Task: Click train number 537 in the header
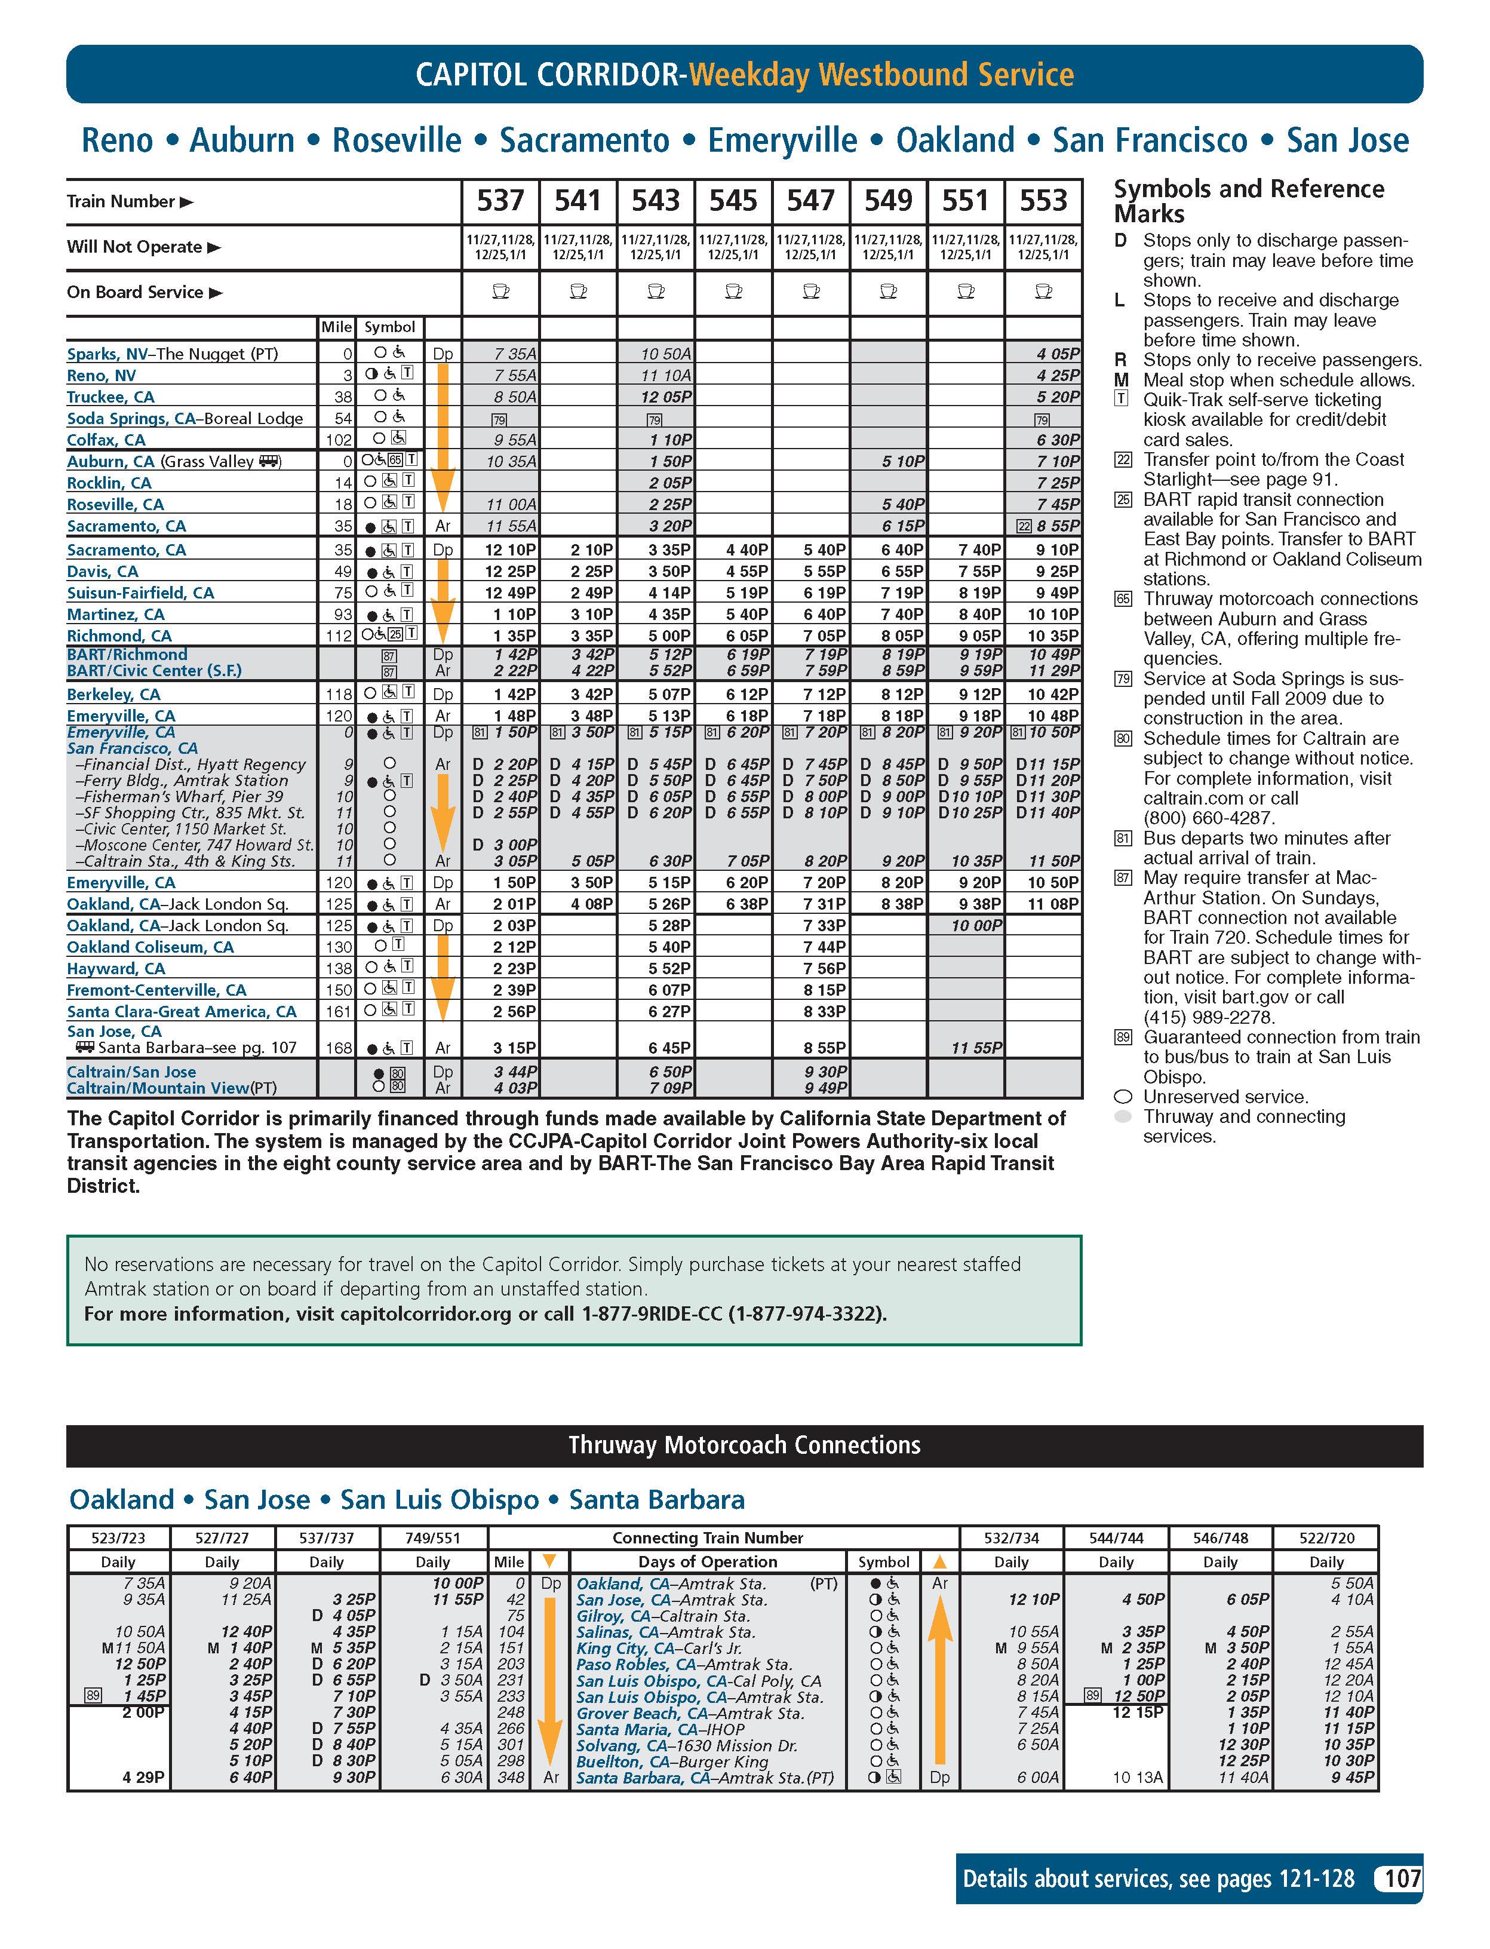pyautogui.click(x=500, y=201)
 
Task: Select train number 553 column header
pyautogui.click(x=1043, y=201)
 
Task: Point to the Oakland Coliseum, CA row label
pyautogui.click(x=150, y=947)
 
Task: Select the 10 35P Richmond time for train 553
pyautogui.click(x=1053, y=635)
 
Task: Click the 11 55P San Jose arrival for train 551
pyautogui.click(x=976, y=1048)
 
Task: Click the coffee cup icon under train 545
pyautogui.click(x=733, y=291)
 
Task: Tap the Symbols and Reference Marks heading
pyautogui.click(x=1248, y=201)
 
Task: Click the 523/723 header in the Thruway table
pyautogui.click(x=118, y=1537)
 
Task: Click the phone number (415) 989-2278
pyautogui.click(x=1208, y=1018)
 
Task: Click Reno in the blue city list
pyautogui.click(x=116, y=140)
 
